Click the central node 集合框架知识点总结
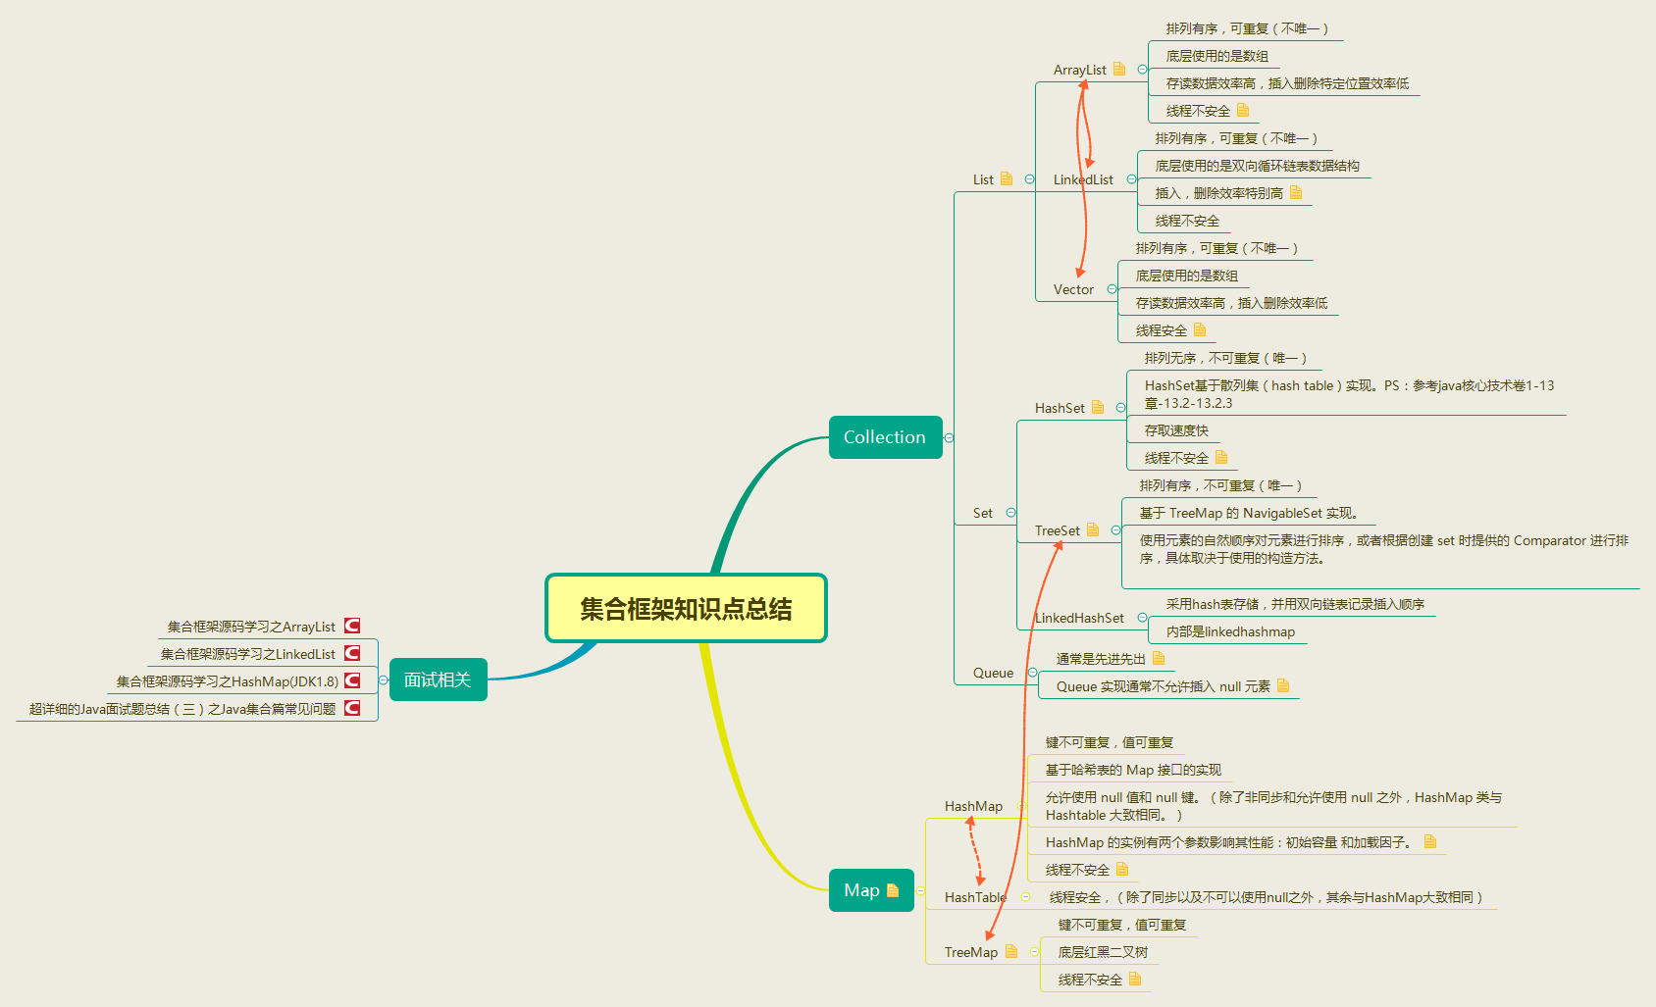pos(686,609)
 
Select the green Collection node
pos(884,437)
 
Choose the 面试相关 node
pos(438,680)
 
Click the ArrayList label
pos(1079,70)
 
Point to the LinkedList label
pos(1083,179)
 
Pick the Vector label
pos(1073,289)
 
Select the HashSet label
pos(1060,408)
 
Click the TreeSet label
pos(1057,530)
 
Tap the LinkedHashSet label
pos(1080,618)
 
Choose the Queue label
pos(993,673)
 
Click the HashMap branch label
pos(973,806)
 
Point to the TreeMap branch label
pos(970,952)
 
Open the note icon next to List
pos(1007,179)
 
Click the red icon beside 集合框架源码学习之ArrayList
pos(352,626)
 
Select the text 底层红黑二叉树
pos(1103,952)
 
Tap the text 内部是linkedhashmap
pos(1230,631)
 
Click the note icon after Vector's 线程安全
pos(1200,330)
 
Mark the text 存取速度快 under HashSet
pos(1176,430)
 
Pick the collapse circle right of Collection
pos(949,437)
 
